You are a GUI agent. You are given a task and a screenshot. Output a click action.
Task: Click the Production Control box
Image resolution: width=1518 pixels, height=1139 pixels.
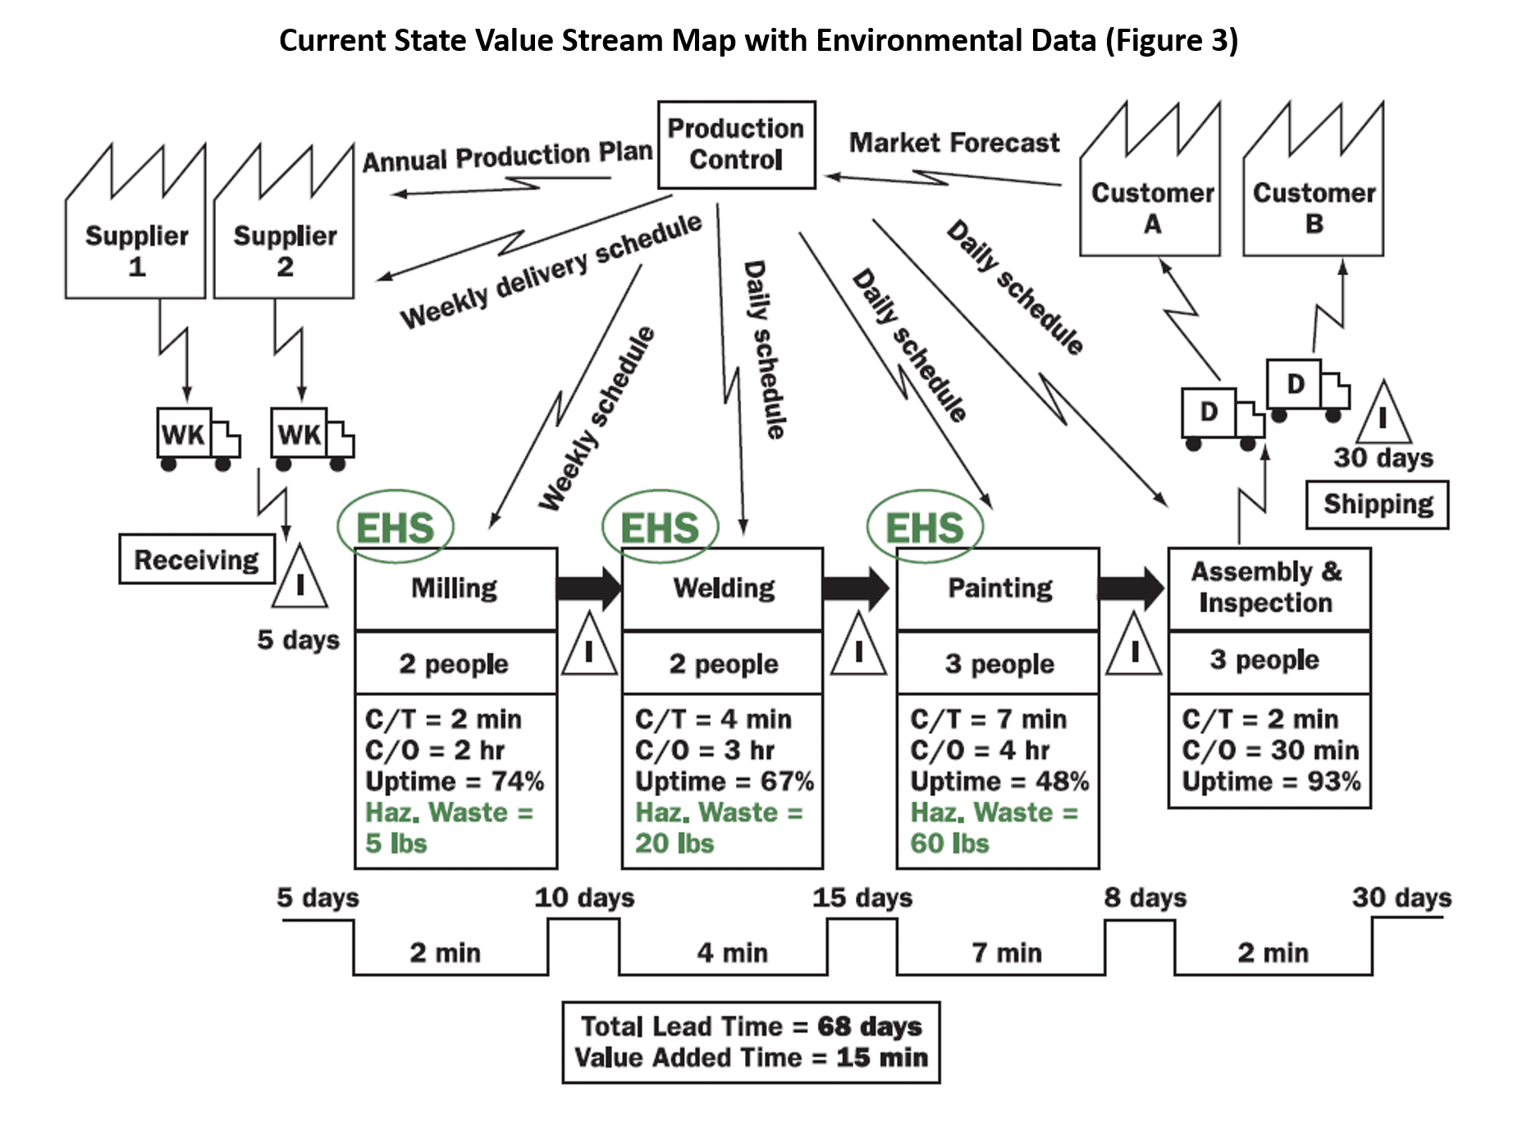pyautogui.click(x=736, y=144)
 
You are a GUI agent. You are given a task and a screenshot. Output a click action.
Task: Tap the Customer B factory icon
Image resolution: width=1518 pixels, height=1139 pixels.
pyautogui.click(x=1313, y=197)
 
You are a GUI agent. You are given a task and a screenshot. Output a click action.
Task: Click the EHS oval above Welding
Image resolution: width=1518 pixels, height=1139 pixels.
pyautogui.click(x=660, y=527)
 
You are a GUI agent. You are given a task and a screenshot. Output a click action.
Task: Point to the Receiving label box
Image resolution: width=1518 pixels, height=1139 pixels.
pyautogui.click(x=197, y=560)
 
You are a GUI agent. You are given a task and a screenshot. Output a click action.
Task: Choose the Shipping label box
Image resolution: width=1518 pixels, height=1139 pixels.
pyautogui.click(x=1377, y=504)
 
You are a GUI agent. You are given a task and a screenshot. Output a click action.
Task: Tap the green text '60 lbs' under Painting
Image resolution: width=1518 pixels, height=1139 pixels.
pyautogui.click(x=949, y=844)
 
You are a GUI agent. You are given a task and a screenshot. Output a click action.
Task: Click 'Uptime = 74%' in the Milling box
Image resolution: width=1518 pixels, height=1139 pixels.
pyautogui.click(x=454, y=781)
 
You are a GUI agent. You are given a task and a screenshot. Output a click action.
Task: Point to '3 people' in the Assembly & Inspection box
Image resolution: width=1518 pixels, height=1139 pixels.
pyautogui.click(x=1264, y=660)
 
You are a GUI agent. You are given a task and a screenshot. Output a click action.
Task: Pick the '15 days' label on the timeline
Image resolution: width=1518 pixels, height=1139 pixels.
pyautogui.click(x=862, y=898)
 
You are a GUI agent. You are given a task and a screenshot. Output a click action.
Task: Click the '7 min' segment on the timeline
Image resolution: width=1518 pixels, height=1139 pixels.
pyautogui.click(x=1007, y=953)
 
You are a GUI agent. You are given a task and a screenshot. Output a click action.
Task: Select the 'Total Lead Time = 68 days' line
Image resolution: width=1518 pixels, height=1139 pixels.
pyautogui.click(x=751, y=1027)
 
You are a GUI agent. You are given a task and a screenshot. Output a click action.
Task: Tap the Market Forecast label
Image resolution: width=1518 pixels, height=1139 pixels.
pyautogui.click(x=953, y=143)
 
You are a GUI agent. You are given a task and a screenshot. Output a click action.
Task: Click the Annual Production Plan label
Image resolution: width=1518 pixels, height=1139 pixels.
pyautogui.click(x=507, y=157)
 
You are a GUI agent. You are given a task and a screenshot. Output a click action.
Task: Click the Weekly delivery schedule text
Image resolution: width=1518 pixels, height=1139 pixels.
pyautogui.click(x=551, y=272)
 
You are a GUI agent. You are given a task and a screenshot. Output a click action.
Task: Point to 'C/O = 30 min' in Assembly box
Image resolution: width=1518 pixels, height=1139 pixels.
pyautogui.click(x=1269, y=750)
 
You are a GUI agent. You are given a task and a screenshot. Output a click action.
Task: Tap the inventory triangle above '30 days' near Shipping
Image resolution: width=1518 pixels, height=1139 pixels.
pyautogui.click(x=1383, y=415)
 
